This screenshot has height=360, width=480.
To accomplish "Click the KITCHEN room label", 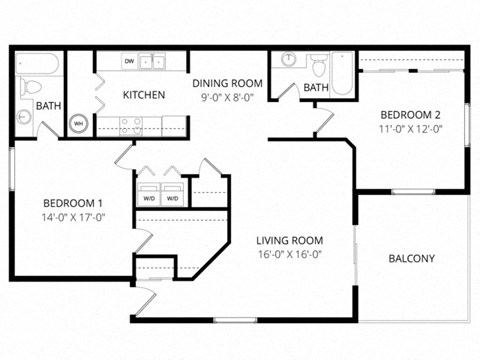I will click(143, 95).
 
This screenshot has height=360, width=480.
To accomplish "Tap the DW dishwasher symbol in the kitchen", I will click(130, 62).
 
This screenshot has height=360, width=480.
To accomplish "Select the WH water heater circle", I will click(78, 124).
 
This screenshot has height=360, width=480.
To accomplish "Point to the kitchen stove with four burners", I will click(131, 125).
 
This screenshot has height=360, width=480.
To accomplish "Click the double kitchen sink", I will click(153, 62).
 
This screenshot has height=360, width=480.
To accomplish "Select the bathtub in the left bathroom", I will click(39, 63).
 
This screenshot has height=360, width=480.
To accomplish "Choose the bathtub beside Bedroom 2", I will click(341, 74).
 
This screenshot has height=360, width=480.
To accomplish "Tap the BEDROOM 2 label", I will click(412, 114).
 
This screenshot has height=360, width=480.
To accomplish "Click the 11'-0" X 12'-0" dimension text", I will click(412, 128).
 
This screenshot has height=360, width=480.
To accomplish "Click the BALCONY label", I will click(411, 259).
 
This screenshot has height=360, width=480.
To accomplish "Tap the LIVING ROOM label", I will click(290, 240).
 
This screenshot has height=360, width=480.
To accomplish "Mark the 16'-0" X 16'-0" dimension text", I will click(290, 254).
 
